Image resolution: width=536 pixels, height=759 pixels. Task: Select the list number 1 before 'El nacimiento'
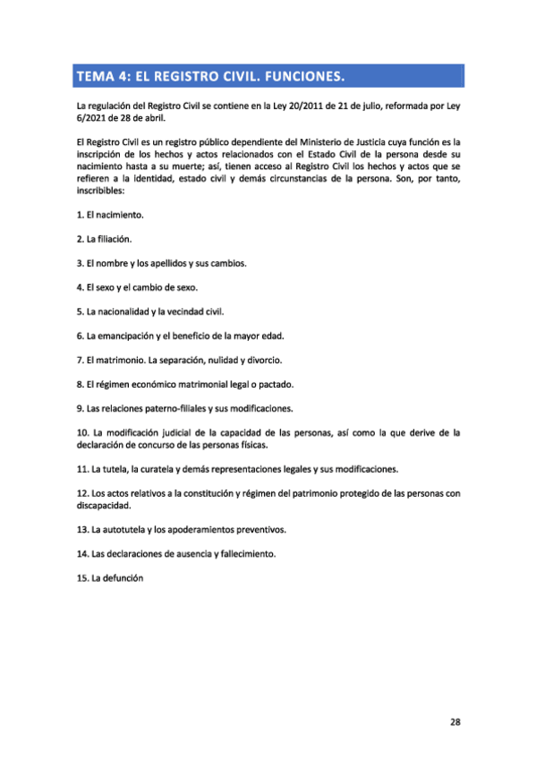80,216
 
